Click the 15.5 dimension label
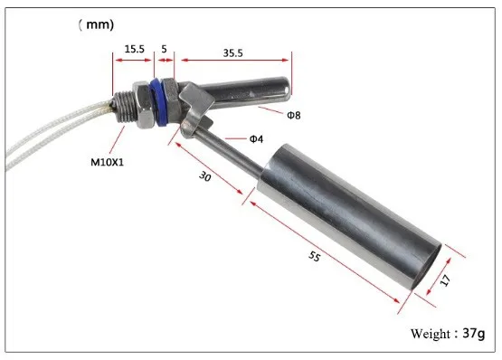click(x=135, y=49)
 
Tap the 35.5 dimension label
click(x=232, y=52)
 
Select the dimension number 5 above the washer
click(x=164, y=49)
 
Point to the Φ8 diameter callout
click(x=294, y=115)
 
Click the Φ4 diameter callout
click(x=256, y=139)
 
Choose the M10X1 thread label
click(x=107, y=163)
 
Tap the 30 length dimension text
click(x=205, y=176)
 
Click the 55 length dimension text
click(x=315, y=256)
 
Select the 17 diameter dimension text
click(x=445, y=280)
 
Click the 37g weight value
click(x=474, y=334)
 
